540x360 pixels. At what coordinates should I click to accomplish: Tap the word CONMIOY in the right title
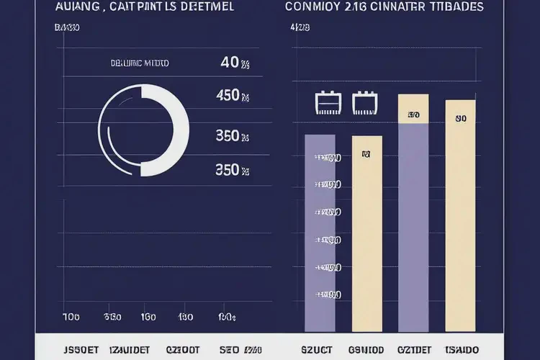point(313,6)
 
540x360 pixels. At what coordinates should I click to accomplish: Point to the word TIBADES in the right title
point(456,6)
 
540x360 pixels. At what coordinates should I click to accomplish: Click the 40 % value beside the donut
point(235,63)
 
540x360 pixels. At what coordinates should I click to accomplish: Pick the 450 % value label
point(233,96)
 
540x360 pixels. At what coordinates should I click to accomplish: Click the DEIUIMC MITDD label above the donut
point(140,63)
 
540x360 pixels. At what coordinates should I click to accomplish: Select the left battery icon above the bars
point(327,104)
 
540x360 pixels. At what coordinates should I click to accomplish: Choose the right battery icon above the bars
point(364,104)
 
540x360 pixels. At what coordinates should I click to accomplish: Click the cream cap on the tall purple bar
point(413,109)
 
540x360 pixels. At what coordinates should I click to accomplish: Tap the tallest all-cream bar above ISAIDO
point(461,216)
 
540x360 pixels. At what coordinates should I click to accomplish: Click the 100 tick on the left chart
point(71,317)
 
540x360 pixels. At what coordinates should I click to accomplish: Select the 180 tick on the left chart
point(186,317)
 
